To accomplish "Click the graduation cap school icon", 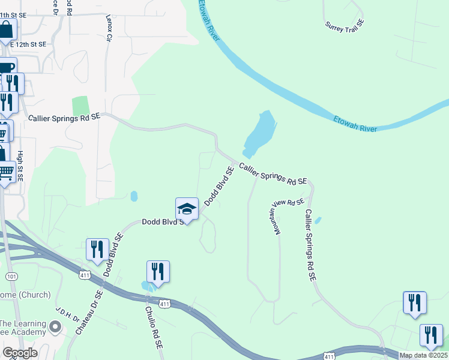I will (x=187, y=209).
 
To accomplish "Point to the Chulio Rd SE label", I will (x=151, y=323).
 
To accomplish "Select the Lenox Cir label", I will (x=109, y=29).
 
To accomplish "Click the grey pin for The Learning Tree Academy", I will (x=56, y=327).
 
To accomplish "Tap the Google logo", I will (x=20, y=353).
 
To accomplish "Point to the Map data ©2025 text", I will (x=424, y=355).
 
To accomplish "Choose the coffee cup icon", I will (x=6, y=67).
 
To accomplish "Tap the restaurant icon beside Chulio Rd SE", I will (x=158, y=271).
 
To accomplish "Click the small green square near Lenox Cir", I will (x=80, y=106).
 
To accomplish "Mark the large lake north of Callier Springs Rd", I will (x=260, y=133).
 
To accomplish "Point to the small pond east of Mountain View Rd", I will (x=318, y=220).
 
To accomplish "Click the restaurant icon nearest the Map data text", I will (x=431, y=335).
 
